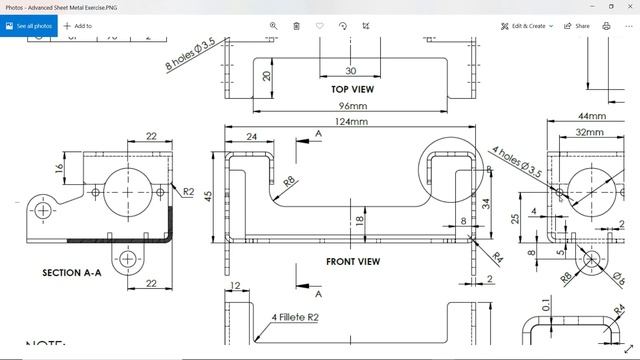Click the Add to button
pyautogui.click(x=78, y=26)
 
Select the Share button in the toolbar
pyautogui.click(x=577, y=26)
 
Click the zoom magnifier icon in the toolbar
pyautogui.click(x=273, y=26)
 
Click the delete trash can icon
pyautogui.click(x=296, y=26)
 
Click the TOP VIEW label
pyautogui.click(x=351, y=89)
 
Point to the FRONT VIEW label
pyautogui.click(x=353, y=262)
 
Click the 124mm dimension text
pyautogui.click(x=351, y=122)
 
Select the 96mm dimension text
pyautogui.click(x=352, y=106)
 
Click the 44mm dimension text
pyautogui.click(x=591, y=116)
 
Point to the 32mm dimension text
pyautogui.click(x=590, y=132)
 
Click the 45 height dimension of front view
pyautogui.click(x=208, y=196)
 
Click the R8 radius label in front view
pyautogui.click(x=289, y=181)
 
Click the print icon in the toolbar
pyautogui.click(x=606, y=26)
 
